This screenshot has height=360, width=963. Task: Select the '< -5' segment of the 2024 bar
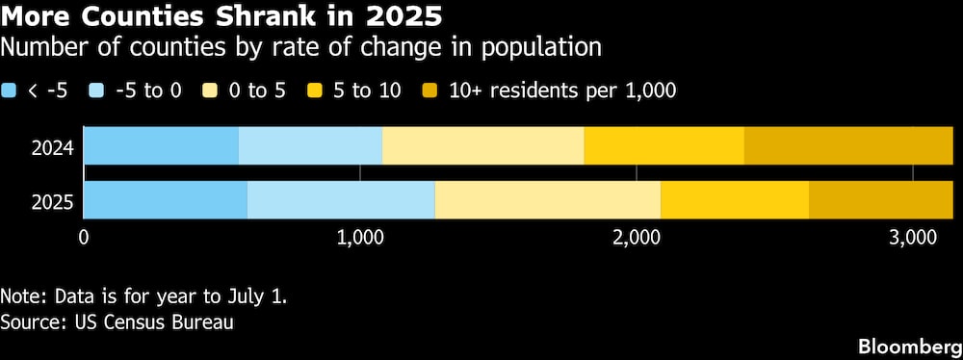pyautogui.click(x=162, y=145)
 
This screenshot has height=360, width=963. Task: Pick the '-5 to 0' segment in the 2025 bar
pyautogui.click(x=341, y=200)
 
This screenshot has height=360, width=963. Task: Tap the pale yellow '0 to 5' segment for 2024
pyautogui.click(x=483, y=145)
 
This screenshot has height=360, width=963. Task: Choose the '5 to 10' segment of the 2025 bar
pyautogui.click(x=735, y=200)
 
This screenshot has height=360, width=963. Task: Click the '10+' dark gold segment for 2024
pyautogui.click(x=848, y=145)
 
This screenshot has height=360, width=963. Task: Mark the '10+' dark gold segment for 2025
pyautogui.click(x=880, y=200)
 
